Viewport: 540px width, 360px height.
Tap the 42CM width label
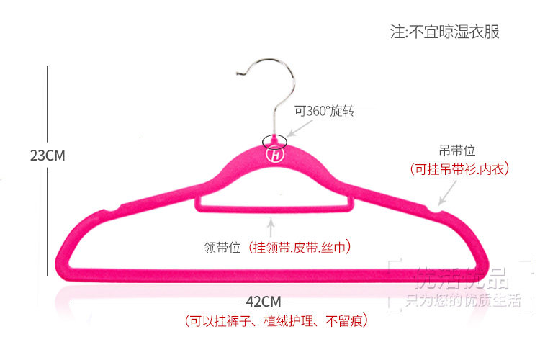pyautogui.click(x=263, y=301)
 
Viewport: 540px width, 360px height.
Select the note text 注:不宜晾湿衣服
pyautogui.click(x=444, y=32)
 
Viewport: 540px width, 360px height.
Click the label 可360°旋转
pyautogui.click(x=325, y=112)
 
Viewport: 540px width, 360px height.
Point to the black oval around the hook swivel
pyautogui.click(x=275, y=139)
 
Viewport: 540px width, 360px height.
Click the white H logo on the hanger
pyautogui.click(x=275, y=153)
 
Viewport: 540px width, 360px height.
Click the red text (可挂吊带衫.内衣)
pyautogui.click(x=459, y=169)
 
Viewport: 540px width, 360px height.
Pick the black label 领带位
pyautogui.click(x=222, y=248)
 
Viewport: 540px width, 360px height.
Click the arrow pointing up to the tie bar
pyautogui.click(x=270, y=229)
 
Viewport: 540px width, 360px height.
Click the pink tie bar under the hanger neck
pyautogui.click(x=274, y=210)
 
